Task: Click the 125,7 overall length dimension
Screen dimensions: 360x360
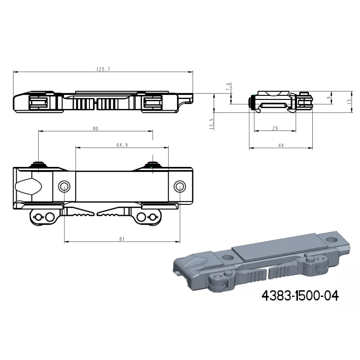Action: (103, 69)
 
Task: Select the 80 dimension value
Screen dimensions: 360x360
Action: (95, 129)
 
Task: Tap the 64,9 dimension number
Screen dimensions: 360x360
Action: (122, 145)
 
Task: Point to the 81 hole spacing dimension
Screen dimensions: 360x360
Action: (122, 239)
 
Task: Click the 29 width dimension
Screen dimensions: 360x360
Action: (275, 128)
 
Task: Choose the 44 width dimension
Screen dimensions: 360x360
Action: (281, 145)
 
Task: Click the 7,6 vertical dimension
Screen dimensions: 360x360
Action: (228, 87)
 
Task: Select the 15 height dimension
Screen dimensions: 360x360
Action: (349, 102)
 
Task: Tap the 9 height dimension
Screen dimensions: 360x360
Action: (329, 98)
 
